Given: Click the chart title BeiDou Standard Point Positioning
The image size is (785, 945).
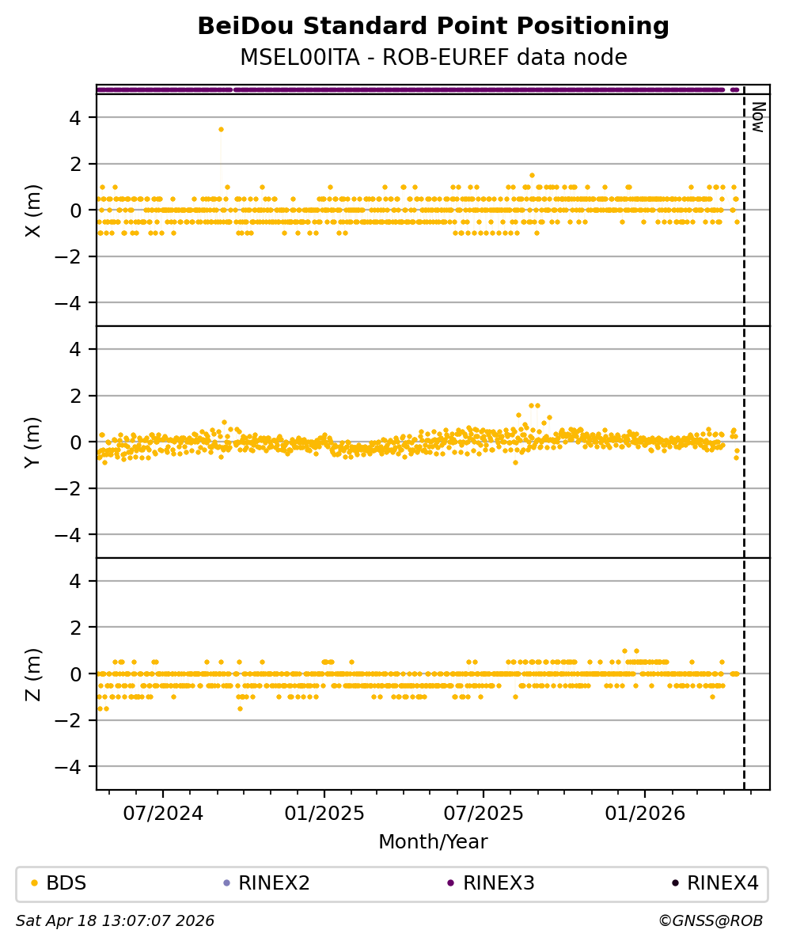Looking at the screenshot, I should point(433,27).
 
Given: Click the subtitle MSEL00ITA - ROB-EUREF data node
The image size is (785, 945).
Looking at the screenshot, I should point(433,58).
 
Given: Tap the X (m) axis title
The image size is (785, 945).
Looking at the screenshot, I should point(32,211).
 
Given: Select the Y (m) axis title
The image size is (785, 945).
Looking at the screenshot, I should point(32,442).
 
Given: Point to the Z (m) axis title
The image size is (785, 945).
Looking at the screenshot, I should point(32,674).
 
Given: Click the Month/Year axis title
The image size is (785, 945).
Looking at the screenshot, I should point(433,842).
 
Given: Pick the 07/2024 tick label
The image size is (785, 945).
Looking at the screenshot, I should point(163,814).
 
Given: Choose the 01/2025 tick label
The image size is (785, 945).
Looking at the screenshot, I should point(324,814).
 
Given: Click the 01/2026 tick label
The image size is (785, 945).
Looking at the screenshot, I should point(645,814).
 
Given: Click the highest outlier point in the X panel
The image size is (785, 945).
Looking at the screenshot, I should point(221,129).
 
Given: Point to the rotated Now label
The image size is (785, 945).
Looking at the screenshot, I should point(757,116).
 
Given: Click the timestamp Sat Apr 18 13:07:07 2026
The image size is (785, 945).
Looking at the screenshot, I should point(116,921).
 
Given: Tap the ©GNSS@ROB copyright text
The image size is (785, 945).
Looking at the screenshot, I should point(711,921).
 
